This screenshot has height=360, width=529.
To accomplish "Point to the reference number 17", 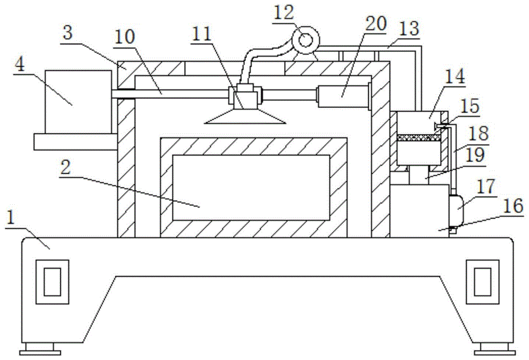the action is [485, 186].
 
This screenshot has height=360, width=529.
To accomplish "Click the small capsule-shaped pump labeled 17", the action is [455, 210].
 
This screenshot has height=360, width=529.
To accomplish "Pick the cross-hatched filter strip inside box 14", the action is [418, 137].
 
